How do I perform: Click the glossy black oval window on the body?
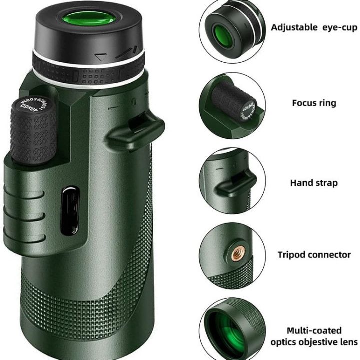pyautogui.click(x=71, y=210)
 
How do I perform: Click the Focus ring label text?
pyautogui.click(x=314, y=103)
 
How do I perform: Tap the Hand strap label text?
pyautogui.click(x=314, y=183)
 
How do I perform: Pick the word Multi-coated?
pyautogui.click(x=314, y=330)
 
